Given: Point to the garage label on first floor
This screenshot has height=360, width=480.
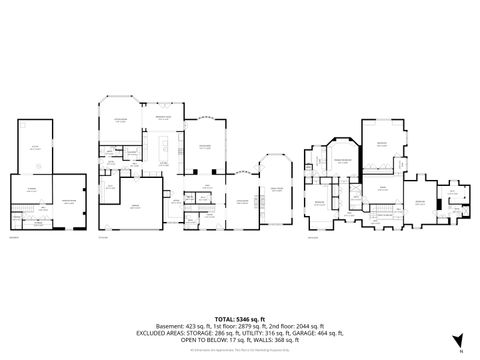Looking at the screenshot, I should [x=136, y=204].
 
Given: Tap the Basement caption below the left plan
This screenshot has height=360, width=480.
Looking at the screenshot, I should [x=14, y=237].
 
